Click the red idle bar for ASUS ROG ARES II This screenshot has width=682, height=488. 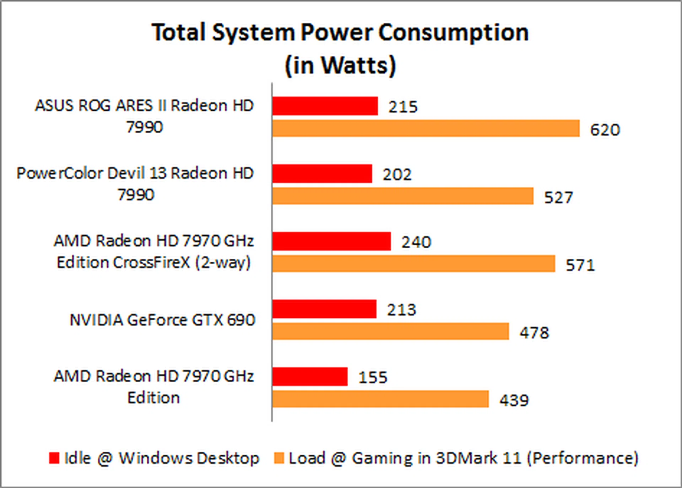325,106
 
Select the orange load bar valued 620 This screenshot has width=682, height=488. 426,128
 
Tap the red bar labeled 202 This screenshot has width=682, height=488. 322,174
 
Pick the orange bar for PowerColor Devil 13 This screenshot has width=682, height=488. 403,196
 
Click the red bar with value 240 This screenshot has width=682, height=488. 331,242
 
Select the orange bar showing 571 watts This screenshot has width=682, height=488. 414,264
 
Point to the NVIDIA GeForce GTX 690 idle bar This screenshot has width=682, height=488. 324,309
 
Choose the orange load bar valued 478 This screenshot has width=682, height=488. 391,332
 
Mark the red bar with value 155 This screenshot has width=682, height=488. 310,377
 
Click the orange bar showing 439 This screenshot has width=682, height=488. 380,399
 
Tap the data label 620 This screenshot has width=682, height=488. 605,130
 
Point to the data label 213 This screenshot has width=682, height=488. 401,310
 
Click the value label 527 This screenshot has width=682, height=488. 558,198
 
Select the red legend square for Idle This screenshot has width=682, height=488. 54,458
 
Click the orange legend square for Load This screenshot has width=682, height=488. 279,458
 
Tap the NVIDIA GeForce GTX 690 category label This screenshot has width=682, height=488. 162,320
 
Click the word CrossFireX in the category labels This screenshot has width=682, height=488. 151,263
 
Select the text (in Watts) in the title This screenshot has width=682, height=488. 340,66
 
